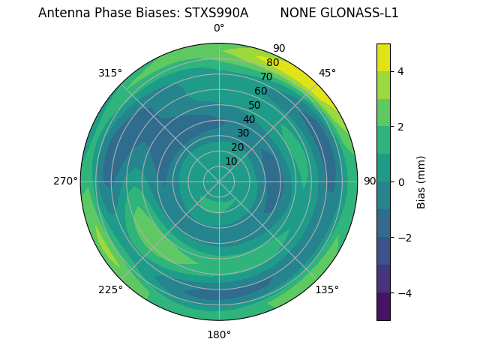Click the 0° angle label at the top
point(219,28)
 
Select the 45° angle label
point(327,73)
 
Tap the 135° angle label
point(327,289)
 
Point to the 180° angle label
point(219,334)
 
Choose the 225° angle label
point(110,289)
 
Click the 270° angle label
point(66,181)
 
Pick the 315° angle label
point(110,73)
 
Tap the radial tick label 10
point(231,161)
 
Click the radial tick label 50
point(254,106)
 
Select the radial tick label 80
point(272,62)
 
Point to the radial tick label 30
point(243,133)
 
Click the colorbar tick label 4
point(400,71)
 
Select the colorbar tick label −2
point(404,237)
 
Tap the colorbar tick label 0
point(400,181)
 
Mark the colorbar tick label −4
point(404,292)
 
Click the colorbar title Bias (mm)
point(421,181)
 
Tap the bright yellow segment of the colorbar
point(383,58)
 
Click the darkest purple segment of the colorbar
point(383,306)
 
